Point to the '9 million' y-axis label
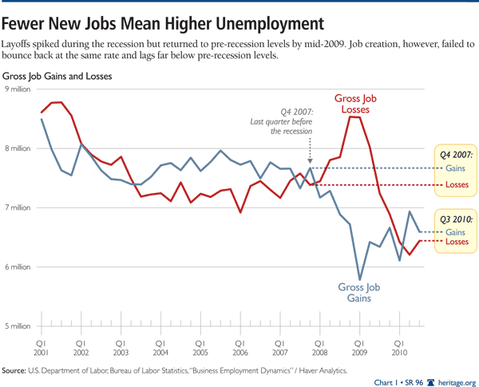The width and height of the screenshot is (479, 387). [x=17, y=89]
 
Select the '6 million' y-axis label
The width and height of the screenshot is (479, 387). [x=17, y=267]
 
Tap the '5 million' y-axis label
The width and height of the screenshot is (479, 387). [x=17, y=326]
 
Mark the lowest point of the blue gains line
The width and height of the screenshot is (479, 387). [x=359, y=279]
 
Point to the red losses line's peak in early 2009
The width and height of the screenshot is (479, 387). [x=354, y=117]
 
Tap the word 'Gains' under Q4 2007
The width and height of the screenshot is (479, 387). [x=457, y=168]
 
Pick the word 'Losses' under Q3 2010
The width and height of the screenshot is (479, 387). [x=457, y=241]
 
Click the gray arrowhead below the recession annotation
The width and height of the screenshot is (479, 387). [x=310, y=160]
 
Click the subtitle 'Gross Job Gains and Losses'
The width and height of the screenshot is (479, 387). [x=57, y=77]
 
